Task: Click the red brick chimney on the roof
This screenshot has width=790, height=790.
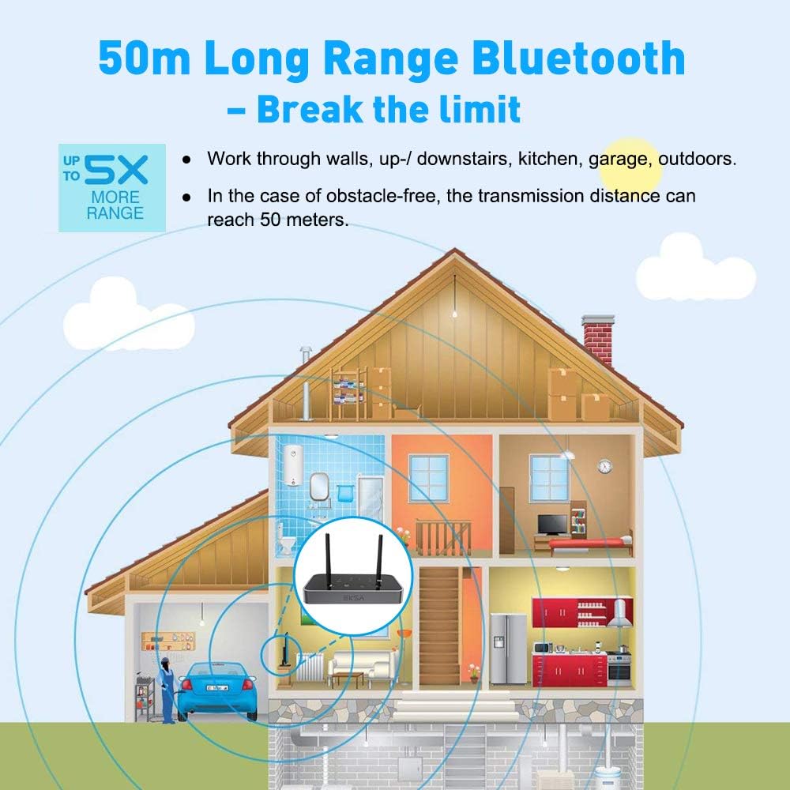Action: (596, 340)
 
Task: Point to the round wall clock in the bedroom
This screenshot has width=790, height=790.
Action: (604, 466)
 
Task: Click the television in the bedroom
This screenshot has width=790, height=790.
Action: (552, 523)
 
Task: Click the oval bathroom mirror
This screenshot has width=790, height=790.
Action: (319, 483)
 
